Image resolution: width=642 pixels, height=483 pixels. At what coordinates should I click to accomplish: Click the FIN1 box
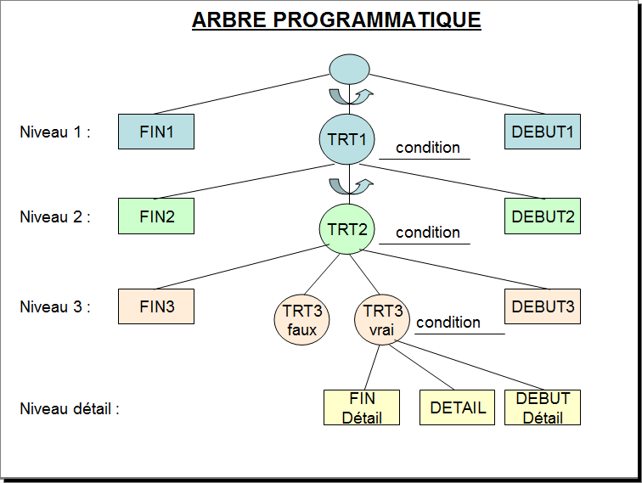(x=156, y=132)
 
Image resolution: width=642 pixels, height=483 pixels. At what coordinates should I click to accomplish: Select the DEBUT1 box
(x=542, y=132)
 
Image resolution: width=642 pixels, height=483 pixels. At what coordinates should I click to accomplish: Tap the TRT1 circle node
(x=346, y=139)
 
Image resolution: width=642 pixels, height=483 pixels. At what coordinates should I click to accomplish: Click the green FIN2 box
(x=156, y=216)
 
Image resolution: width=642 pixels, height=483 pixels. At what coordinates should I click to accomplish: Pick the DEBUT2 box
(x=542, y=216)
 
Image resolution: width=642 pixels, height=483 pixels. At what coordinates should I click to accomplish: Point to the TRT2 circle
(x=346, y=229)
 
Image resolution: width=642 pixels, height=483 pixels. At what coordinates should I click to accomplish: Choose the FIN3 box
(x=156, y=306)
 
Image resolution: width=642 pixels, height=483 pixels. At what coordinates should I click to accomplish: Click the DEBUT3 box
(x=542, y=306)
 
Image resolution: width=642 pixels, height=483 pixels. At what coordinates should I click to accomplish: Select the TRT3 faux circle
(x=301, y=320)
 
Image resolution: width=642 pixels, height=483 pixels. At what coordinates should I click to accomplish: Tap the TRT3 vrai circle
(x=382, y=320)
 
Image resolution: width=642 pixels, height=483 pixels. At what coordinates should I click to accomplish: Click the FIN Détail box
(x=362, y=407)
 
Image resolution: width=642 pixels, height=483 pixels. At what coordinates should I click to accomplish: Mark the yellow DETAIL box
(x=457, y=407)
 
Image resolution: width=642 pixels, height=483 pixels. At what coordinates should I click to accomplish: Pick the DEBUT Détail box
(x=542, y=407)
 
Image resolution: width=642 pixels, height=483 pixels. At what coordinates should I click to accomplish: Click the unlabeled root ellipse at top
(x=349, y=69)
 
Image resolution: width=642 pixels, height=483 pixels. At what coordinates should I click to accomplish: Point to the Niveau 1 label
(x=55, y=132)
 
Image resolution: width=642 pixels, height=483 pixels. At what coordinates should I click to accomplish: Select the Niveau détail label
(x=70, y=408)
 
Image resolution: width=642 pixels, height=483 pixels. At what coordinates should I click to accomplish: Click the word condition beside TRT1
(x=428, y=148)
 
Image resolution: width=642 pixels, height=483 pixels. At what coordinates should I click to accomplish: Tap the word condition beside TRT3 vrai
(x=448, y=322)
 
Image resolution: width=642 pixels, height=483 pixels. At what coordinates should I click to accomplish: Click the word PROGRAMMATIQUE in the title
(x=377, y=20)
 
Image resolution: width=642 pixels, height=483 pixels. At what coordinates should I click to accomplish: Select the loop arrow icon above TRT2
(x=351, y=186)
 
